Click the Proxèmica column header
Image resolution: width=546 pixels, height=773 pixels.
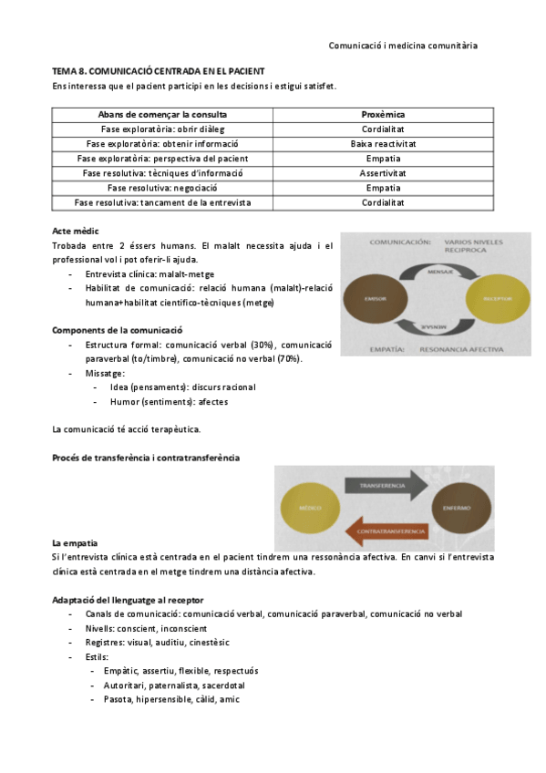(383, 115)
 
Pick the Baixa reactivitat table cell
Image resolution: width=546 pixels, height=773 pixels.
(383, 144)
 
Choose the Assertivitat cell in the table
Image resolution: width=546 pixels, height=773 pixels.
(383, 173)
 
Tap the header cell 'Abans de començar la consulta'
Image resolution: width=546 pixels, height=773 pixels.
(162, 115)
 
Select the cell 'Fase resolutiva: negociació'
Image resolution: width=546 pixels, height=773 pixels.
(162, 188)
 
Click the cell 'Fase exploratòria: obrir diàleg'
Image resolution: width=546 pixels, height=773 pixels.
(162, 129)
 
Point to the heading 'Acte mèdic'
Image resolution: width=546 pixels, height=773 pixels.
(76, 232)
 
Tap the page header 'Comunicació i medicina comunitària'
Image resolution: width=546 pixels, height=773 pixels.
(402, 45)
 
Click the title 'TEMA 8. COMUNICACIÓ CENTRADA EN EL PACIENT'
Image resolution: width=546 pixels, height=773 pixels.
(159, 71)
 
